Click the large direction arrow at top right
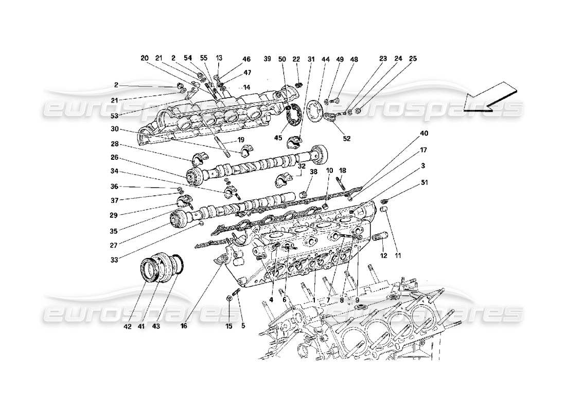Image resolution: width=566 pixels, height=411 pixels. coord(489,97)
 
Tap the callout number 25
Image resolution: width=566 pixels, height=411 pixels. coord(413,59)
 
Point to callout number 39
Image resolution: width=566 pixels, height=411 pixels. coord(267,59)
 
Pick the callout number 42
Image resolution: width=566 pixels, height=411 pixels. coord(128,326)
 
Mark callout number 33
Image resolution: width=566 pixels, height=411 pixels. coord(114,260)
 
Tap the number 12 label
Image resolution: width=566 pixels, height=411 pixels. coord(384,255)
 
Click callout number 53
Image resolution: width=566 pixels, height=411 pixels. coord(114,117)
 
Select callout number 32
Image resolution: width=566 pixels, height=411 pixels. coord(301,166)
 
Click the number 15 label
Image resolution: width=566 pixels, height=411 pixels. coord(229,326)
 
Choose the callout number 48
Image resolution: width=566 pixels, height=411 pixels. coord(354,59)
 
